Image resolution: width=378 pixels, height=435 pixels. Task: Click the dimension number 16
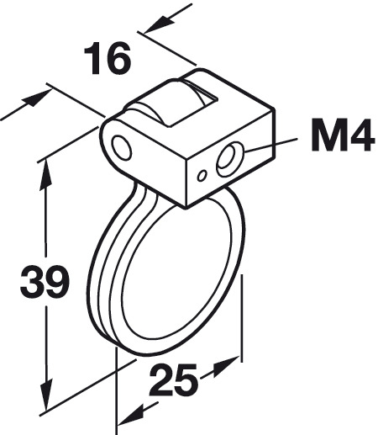(108, 58)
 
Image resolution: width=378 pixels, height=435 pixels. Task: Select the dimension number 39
(45, 281)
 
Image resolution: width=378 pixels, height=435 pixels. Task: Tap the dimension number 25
(173, 379)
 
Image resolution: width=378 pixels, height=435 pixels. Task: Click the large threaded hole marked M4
(230, 159)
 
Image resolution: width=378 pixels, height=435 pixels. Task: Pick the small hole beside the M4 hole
(202, 176)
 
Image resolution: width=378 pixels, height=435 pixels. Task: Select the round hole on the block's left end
(122, 148)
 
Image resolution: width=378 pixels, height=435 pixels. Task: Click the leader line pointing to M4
(270, 145)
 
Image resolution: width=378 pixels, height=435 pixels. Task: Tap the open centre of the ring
(178, 267)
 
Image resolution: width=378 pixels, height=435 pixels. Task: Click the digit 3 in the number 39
(32, 282)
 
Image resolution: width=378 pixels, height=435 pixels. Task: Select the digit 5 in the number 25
(186, 380)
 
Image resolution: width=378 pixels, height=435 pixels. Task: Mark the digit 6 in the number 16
(119, 58)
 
